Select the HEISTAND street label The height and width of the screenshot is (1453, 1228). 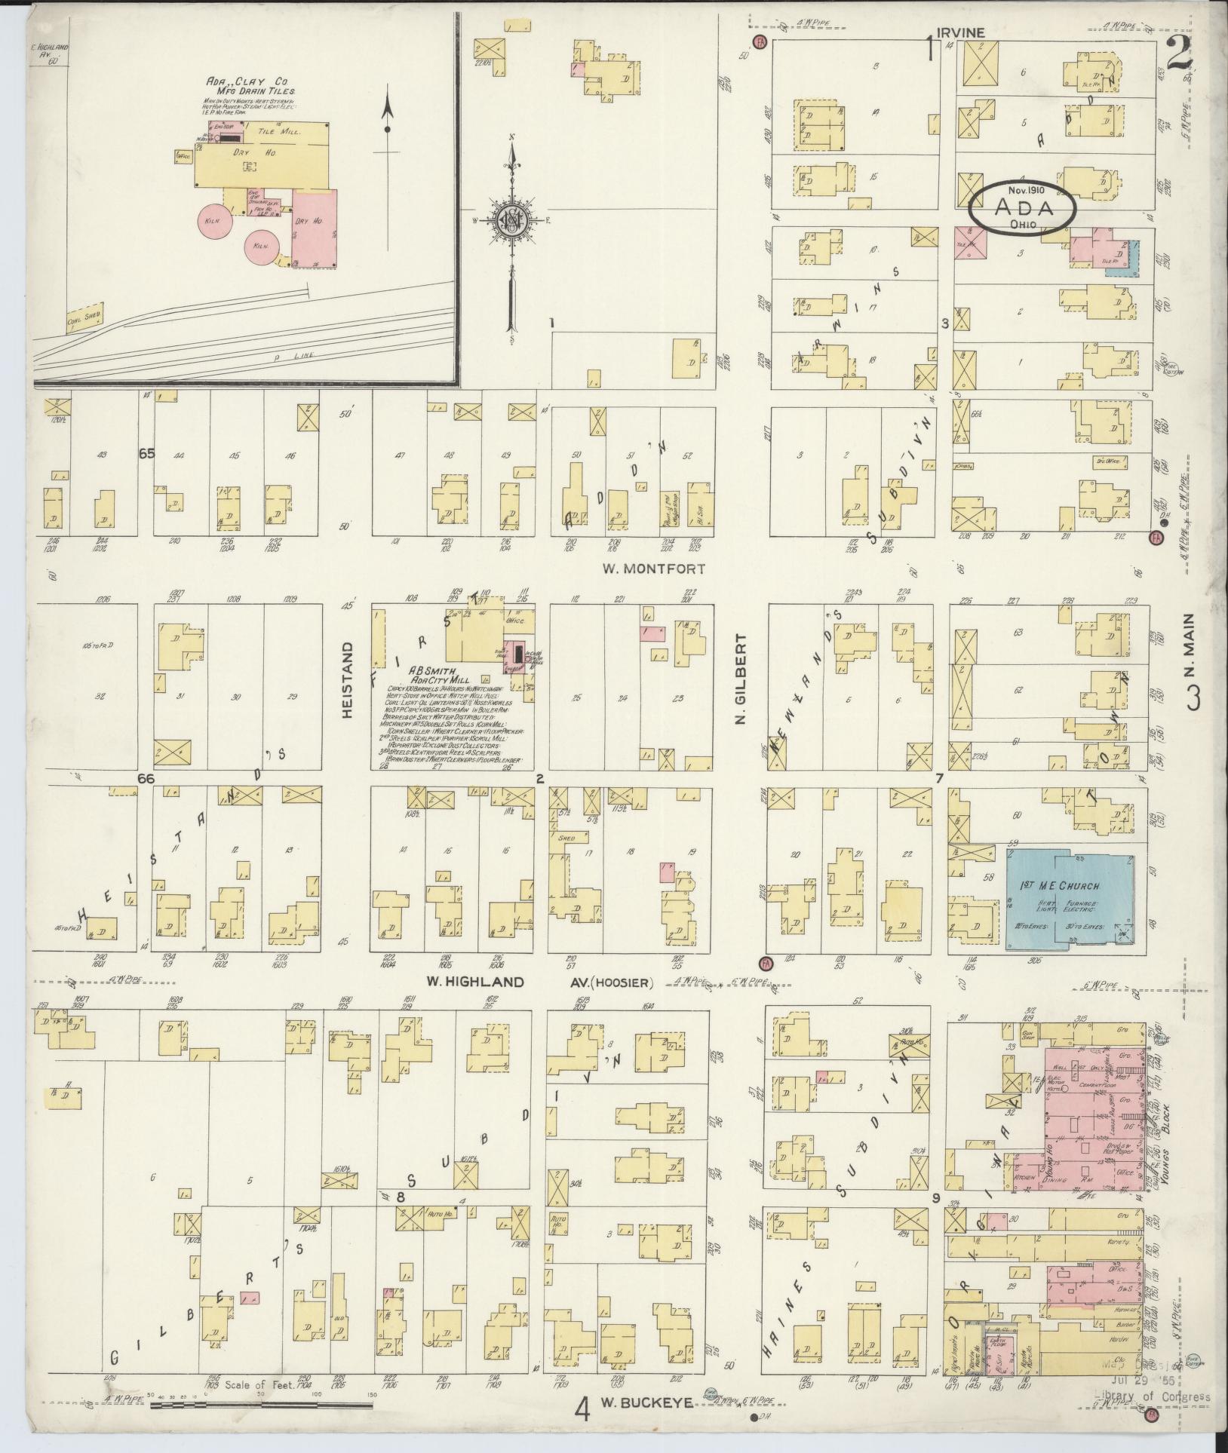(348, 679)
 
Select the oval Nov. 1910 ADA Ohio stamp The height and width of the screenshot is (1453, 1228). (1021, 204)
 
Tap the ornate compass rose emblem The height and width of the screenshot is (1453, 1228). (513, 219)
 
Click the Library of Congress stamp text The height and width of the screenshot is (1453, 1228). (1153, 1396)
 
